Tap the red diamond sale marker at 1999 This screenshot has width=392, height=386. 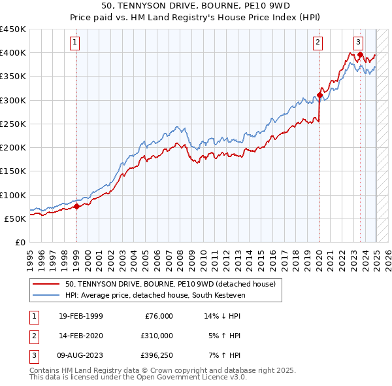76,206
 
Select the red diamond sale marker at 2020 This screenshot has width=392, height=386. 319,96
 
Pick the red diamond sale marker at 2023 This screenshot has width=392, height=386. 360,55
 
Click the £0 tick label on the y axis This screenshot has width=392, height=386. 20,242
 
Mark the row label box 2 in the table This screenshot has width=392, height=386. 33,336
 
